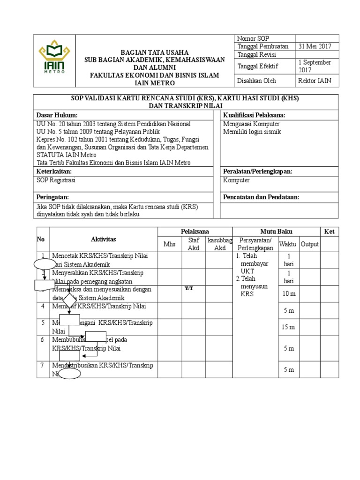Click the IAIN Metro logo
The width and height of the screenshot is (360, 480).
(54, 60)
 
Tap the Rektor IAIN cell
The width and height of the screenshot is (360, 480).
(315, 81)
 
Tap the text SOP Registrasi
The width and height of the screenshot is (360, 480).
(56, 180)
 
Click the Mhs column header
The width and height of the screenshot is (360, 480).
(169, 244)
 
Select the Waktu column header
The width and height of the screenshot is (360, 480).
(288, 244)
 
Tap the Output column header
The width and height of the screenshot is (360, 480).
(310, 244)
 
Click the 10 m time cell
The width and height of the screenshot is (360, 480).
(289, 294)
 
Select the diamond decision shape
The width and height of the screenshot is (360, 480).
(69, 298)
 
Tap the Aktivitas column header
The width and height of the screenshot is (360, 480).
(103, 240)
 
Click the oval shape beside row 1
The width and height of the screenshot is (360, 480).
(45, 264)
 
